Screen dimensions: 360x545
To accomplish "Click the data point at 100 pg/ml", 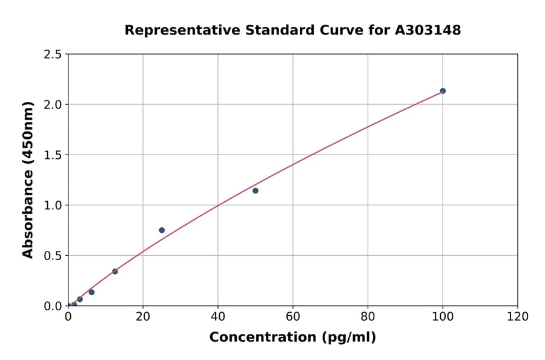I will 443,91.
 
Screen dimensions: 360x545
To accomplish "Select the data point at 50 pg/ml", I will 256,191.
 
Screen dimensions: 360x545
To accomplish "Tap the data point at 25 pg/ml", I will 162,230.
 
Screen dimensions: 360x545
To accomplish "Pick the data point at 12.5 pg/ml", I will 115,272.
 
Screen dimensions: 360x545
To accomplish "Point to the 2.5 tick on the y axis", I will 53,55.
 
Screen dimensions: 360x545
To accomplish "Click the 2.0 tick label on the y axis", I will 53,105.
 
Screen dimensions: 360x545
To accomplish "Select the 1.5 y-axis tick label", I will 53,155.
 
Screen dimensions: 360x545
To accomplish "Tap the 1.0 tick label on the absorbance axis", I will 53,205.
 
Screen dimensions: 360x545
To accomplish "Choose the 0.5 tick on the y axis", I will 53,256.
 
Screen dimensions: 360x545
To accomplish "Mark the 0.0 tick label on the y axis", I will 53,306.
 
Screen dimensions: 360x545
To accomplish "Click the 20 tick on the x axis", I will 143,316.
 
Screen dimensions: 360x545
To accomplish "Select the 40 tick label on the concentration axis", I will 218,316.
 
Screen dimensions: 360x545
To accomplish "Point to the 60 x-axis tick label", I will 293,316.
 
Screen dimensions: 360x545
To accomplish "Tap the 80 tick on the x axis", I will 368,316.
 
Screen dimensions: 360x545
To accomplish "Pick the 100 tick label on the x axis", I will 443,316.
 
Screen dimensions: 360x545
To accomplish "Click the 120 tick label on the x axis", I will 518,316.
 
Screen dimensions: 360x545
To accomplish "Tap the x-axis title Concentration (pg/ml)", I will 292,338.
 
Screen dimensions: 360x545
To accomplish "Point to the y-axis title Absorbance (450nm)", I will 28,179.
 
